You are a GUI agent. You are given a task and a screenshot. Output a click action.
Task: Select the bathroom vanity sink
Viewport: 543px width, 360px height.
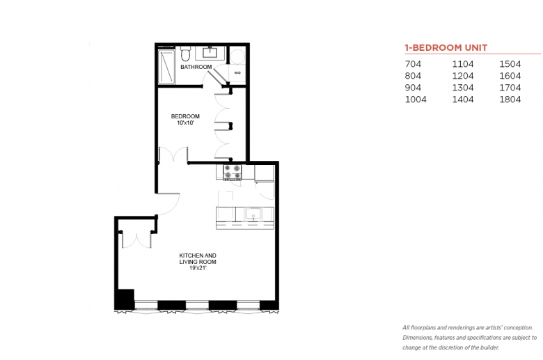coord(210,53)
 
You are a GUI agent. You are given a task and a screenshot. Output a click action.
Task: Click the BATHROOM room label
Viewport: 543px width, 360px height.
coord(196,68)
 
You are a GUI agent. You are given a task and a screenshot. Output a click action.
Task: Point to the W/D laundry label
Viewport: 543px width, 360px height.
coord(237,72)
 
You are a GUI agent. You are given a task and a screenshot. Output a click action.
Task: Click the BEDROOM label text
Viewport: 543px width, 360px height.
coord(186,116)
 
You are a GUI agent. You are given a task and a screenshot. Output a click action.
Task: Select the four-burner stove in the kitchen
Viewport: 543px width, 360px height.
coord(232,171)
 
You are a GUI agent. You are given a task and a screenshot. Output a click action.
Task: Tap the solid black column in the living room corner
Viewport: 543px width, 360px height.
coord(124,299)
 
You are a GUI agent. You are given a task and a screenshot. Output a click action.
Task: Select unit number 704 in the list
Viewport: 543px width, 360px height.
coord(413,65)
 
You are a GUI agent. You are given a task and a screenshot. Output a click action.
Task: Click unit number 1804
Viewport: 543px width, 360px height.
coord(510,100)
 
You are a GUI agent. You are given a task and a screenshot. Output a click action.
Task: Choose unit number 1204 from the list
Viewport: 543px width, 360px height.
coord(462,77)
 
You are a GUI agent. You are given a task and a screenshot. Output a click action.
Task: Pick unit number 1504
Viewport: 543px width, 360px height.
coord(510,65)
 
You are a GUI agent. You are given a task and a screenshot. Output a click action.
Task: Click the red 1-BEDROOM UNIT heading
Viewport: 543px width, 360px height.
coord(446,48)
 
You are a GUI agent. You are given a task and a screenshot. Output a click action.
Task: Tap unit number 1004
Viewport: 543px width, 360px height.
coord(416,100)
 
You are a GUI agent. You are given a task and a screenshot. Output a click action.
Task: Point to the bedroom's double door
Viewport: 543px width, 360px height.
coord(173,154)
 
